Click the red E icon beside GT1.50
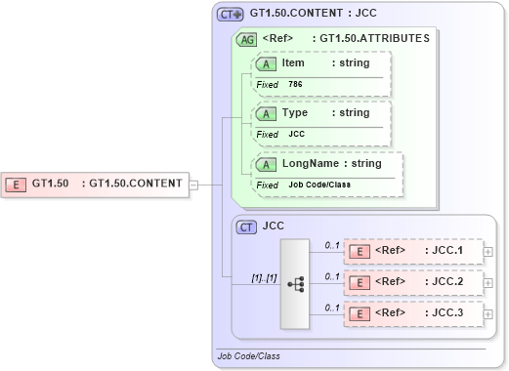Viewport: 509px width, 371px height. (x=17, y=183)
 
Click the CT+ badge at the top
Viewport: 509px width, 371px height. (x=231, y=14)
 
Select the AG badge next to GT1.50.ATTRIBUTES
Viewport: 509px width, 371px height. (x=248, y=39)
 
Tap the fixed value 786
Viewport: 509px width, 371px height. (x=295, y=84)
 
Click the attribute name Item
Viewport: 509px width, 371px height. (x=293, y=62)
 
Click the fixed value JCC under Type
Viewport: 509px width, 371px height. (x=296, y=134)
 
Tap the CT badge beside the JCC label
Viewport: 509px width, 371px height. (x=248, y=226)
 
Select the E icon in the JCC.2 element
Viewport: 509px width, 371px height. (x=361, y=283)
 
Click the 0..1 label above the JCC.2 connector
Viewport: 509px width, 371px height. (x=332, y=276)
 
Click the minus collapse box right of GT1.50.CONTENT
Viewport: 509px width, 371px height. (x=192, y=183)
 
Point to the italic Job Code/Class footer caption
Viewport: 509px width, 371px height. (x=248, y=356)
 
